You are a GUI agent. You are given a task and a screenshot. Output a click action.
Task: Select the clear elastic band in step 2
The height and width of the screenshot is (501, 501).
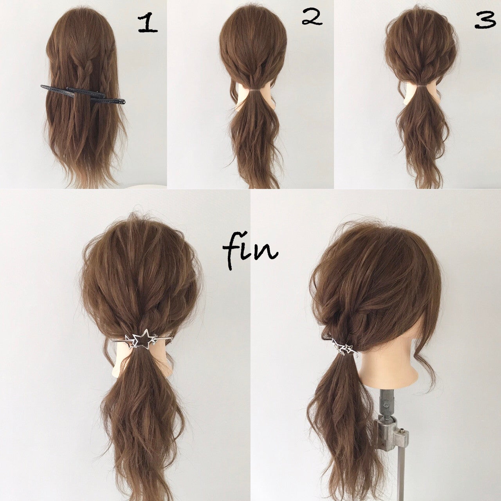[x=253, y=90]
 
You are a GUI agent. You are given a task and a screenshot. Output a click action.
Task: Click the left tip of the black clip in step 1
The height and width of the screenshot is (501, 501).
[x=41, y=86]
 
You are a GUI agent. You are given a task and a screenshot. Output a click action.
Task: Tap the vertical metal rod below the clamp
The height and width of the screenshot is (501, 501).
[x=400, y=478]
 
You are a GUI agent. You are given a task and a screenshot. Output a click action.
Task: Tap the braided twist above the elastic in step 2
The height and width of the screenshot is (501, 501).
[x=253, y=77]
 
